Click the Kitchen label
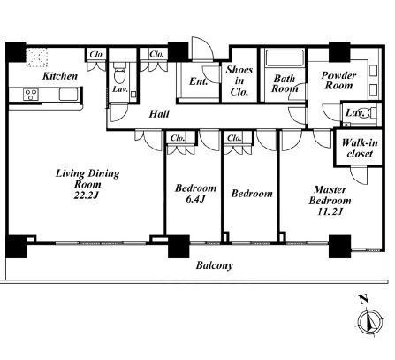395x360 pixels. (x=60, y=76)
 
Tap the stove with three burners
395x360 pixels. (x=31, y=95)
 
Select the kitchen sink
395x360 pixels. (x=68, y=95)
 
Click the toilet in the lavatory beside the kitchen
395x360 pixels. (x=119, y=76)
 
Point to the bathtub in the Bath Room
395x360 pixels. (x=285, y=58)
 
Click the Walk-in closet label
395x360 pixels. (x=360, y=148)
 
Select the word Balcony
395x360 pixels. (x=215, y=265)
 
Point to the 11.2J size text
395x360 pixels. (x=330, y=211)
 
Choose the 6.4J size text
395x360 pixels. (x=195, y=199)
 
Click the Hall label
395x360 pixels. (x=159, y=114)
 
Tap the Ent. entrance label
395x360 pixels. (x=198, y=81)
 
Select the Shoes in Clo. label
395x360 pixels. (x=239, y=80)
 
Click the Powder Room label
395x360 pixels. (x=338, y=80)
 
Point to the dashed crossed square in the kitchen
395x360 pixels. (x=37, y=57)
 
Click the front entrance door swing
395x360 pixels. (x=201, y=49)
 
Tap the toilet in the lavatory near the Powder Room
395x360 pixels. (x=373, y=113)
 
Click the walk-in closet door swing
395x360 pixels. (x=359, y=176)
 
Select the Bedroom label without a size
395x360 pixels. (x=252, y=194)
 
